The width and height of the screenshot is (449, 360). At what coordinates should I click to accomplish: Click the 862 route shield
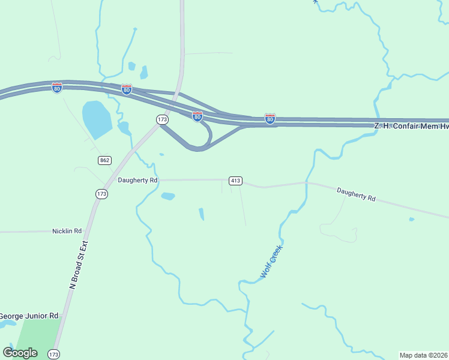(105, 160)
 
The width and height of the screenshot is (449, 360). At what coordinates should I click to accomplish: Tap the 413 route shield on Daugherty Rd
(235, 181)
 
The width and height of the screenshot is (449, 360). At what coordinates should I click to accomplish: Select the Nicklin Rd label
(67, 231)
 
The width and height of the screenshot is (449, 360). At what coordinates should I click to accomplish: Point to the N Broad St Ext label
(79, 265)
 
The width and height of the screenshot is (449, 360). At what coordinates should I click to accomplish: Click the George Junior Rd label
(29, 316)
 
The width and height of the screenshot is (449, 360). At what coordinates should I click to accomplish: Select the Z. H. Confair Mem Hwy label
(411, 127)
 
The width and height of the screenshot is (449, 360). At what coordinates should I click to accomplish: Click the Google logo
(20, 353)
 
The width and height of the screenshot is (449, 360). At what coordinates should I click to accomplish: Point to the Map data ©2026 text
(423, 355)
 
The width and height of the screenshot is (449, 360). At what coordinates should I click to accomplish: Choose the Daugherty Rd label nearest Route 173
(137, 180)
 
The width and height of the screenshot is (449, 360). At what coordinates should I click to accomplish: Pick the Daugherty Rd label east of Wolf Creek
(356, 194)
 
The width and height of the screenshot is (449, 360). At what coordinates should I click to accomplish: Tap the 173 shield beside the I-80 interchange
(162, 120)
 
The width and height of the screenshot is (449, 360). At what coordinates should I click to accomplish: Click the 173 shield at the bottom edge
(54, 354)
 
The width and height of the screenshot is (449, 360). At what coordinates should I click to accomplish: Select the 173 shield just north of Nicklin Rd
(101, 194)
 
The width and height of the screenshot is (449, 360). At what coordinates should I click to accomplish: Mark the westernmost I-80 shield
(56, 88)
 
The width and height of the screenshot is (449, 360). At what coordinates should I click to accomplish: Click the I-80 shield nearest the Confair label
(270, 119)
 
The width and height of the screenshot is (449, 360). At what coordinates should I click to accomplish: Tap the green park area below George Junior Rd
(36, 336)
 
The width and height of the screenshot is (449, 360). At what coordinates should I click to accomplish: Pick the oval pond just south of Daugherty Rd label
(168, 196)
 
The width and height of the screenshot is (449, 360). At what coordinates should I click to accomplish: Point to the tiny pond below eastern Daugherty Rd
(411, 220)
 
